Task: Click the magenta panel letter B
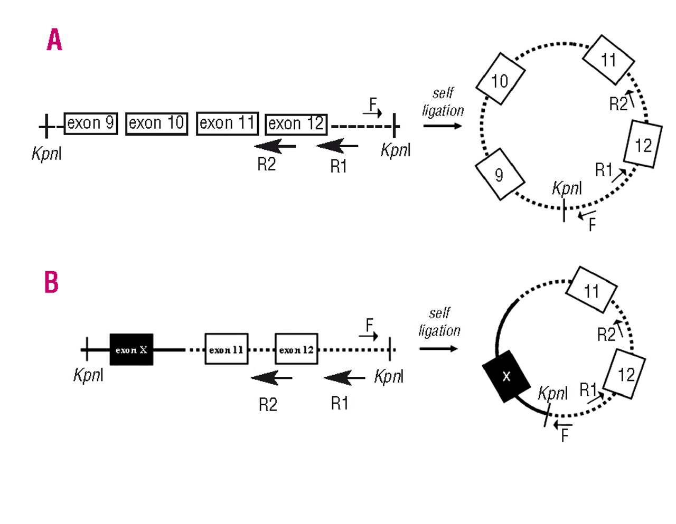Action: click(x=51, y=282)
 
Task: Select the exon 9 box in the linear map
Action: click(x=91, y=123)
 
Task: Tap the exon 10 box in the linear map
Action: click(x=157, y=124)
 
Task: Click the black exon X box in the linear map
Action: click(x=132, y=349)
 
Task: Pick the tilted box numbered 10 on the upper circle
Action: click(x=500, y=79)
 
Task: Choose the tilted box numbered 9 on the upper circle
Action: click(x=500, y=174)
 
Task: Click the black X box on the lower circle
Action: click(x=507, y=376)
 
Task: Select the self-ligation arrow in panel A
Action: click(x=443, y=126)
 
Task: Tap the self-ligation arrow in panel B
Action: click(x=438, y=349)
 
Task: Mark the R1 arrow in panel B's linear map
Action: click(x=344, y=378)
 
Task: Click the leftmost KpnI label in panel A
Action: click(x=46, y=154)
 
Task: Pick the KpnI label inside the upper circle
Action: click(x=567, y=188)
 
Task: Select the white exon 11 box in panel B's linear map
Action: click(x=227, y=349)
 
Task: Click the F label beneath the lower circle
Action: click(x=565, y=436)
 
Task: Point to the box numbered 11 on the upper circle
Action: click(x=608, y=60)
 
